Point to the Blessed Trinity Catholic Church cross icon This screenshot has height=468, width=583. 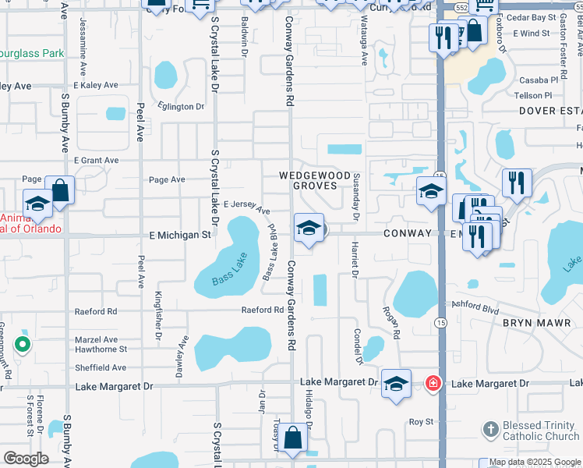click(x=490, y=428)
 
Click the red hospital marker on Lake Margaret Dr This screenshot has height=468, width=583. click(x=433, y=384)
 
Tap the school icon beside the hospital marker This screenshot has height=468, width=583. click(x=396, y=384)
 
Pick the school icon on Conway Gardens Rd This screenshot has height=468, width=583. click(x=309, y=228)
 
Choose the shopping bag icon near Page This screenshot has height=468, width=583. click(x=59, y=190)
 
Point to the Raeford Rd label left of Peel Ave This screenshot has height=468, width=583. click(x=95, y=311)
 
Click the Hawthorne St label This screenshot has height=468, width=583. click(x=95, y=349)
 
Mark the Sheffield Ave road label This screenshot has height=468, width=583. click(x=100, y=367)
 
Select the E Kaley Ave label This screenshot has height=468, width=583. click(x=96, y=85)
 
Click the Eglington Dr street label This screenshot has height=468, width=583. click(x=180, y=106)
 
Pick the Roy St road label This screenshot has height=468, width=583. click(x=421, y=422)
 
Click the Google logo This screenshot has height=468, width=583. click(x=26, y=459)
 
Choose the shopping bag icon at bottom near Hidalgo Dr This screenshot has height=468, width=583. click(x=293, y=438)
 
